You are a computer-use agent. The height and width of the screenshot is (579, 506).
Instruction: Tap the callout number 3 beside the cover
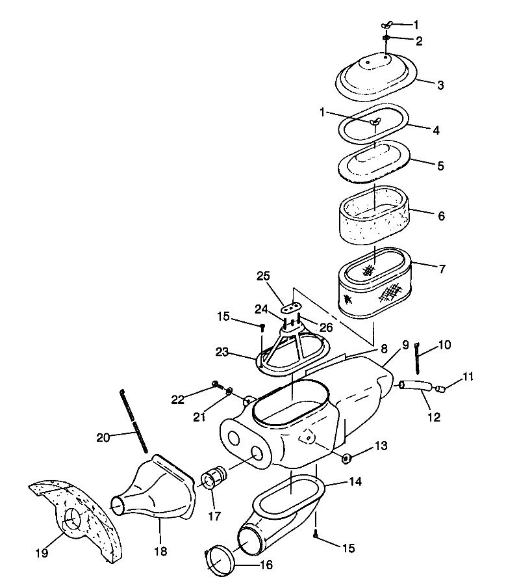[x=440, y=85]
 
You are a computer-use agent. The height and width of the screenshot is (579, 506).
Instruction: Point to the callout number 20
[x=103, y=438]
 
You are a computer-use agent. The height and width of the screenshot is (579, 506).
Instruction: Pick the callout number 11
[x=468, y=376]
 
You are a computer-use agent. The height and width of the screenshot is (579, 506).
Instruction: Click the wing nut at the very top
[x=388, y=24]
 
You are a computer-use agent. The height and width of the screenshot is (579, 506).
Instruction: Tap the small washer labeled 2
[x=386, y=38]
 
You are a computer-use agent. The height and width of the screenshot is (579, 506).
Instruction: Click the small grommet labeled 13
[x=346, y=459]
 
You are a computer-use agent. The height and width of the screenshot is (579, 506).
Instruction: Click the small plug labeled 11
[x=441, y=390]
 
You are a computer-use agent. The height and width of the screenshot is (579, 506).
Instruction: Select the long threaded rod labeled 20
[x=133, y=421]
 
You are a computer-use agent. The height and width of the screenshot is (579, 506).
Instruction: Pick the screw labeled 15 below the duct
[x=316, y=535]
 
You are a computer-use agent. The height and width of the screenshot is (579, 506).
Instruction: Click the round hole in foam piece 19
[x=73, y=519]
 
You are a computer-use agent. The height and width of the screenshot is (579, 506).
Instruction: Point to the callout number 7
[x=440, y=267]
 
